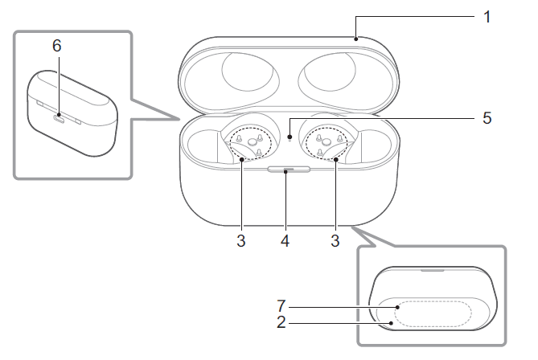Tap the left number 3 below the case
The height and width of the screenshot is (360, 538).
click(x=241, y=239)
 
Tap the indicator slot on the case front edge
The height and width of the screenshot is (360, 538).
click(x=288, y=170)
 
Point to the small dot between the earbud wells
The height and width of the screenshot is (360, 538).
click(x=289, y=136)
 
